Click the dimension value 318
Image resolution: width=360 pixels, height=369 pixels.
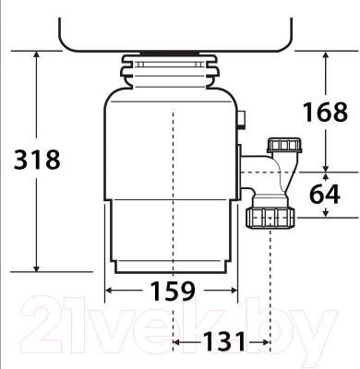click(36, 159)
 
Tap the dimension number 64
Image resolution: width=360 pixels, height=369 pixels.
click(325, 196)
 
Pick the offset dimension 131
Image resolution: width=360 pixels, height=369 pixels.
click(222, 341)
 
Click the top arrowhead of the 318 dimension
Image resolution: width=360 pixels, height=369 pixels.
click(36, 54)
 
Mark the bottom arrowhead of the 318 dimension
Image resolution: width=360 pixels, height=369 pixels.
click(36, 268)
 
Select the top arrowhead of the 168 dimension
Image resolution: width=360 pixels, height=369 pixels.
click(326, 54)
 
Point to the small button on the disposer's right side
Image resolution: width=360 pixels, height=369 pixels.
click(242, 119)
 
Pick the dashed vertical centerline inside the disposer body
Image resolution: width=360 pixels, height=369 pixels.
click(174, 184)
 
